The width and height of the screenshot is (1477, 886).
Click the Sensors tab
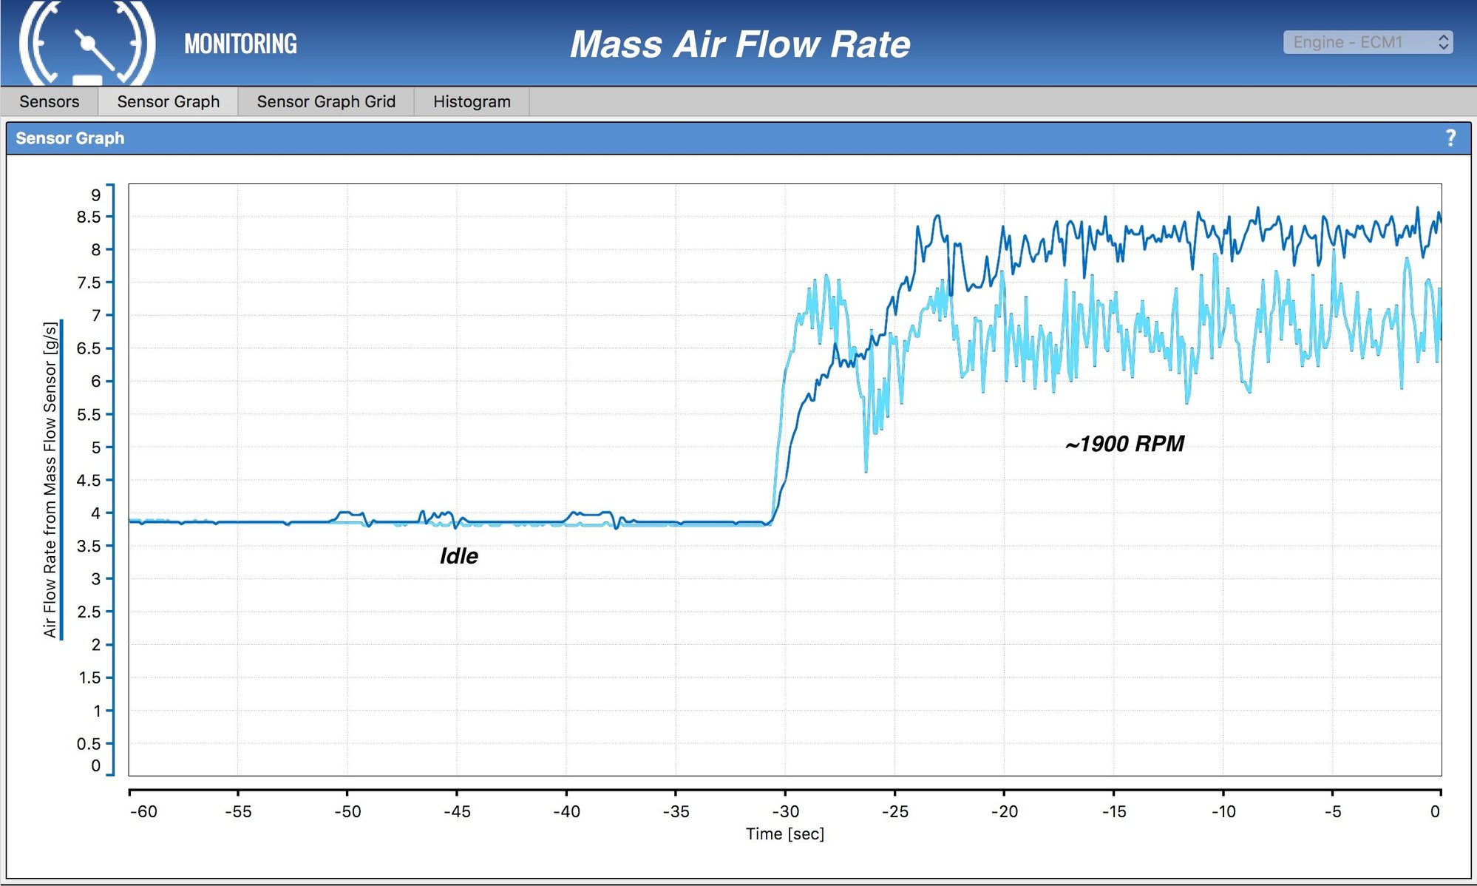tap(49, 101)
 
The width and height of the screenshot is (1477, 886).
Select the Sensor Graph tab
tap(168, 101)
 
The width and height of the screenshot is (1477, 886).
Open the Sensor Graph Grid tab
tap(326, 101)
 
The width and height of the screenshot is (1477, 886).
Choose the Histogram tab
tap(472, 101)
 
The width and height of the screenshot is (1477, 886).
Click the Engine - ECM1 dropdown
tap(1368, 42)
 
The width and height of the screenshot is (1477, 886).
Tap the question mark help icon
tap(1450, 138)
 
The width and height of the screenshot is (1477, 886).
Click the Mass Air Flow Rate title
tap(740, 44)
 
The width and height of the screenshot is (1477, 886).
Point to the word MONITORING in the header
tap(240, 44)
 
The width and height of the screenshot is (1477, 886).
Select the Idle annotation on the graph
tap(458, 556)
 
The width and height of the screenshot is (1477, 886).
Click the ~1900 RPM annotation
tap(1124, 444)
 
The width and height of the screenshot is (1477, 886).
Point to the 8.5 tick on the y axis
tap(89, 217)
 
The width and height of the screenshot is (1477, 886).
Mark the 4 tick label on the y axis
tap(95, 513)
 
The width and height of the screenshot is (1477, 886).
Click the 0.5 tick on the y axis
tap(89, 743)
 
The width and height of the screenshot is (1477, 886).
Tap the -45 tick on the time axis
tap(457, 811)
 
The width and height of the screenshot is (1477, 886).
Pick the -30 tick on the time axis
tap(785, 811)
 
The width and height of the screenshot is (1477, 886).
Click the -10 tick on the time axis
tap(1223, 811)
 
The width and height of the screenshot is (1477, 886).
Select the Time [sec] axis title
tap(784, 834)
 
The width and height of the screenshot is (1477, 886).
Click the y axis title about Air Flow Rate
tap(50, 479)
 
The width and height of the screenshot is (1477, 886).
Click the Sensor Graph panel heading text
tap(70, 138)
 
